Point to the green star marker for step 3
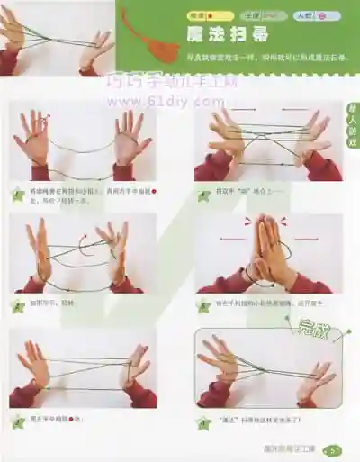[x=16, y=305]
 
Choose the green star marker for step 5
[x=16, y=419]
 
